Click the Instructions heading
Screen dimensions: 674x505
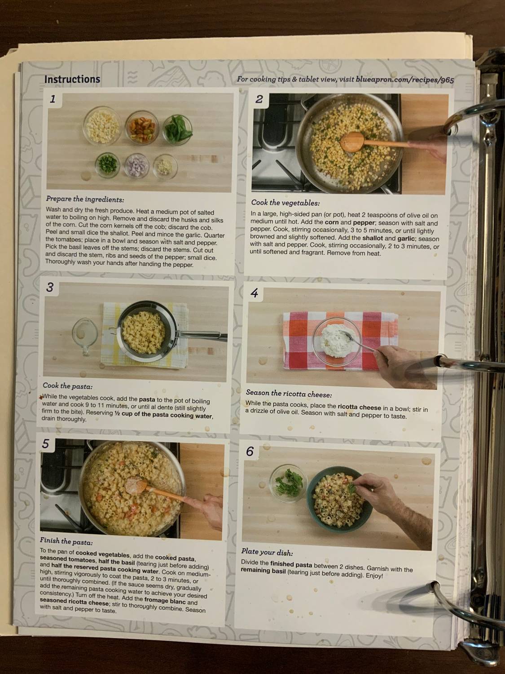point(72,80)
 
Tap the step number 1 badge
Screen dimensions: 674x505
point(53,99)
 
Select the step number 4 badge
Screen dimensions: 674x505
point(254,293)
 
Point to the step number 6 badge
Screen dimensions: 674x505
point(250,452)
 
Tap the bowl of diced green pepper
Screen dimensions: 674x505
point(107,165)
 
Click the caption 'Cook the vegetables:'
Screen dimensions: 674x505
point(285,203)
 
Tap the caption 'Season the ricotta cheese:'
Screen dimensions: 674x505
point(289,394)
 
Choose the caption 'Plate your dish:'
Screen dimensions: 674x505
point(263,551)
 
